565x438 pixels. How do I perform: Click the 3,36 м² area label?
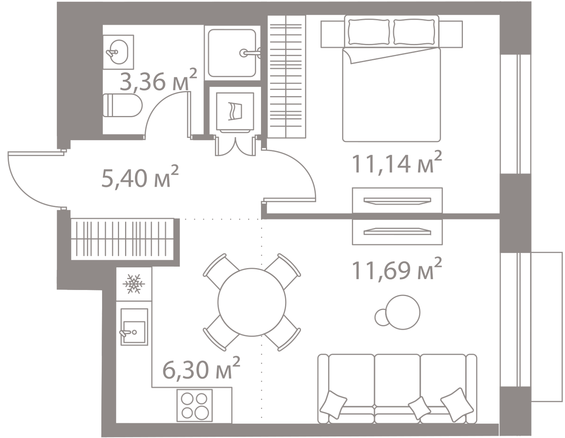coord(158,80)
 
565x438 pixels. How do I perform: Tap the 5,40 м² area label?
coord(140,176)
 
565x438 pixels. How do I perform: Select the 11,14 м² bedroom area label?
coord(396,162)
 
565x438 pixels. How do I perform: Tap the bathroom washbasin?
coord(119,52)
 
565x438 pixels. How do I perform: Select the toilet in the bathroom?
coord(122,105)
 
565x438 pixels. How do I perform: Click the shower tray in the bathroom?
coord(232,53)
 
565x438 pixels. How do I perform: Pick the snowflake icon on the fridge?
coord(134,284)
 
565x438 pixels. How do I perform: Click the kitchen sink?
coord(134,327)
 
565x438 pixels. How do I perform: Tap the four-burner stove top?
coord(194,405)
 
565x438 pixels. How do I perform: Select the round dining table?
coord(252,302)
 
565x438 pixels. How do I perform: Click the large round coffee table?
coord(403,312)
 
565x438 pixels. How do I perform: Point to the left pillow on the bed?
coord(369,32)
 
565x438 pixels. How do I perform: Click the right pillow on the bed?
coord(414,32)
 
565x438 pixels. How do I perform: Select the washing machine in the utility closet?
coord(235,111)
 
